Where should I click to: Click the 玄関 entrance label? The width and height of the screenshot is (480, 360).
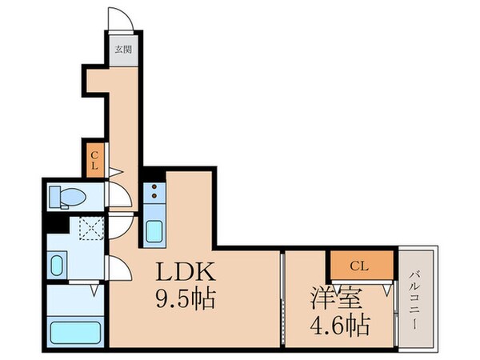[122, 49]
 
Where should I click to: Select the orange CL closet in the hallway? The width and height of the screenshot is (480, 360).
[94, 160]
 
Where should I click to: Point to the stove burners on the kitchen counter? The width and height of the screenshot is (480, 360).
[153, 194]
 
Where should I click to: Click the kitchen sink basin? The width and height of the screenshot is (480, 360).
[154, 231]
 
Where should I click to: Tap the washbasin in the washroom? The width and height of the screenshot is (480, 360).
[58, 264]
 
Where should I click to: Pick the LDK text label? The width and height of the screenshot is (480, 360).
[186, 270]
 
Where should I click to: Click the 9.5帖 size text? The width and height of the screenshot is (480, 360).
[186, 299]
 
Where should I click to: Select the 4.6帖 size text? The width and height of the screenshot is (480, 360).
[339, 327]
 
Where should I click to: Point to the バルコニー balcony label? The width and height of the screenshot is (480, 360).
[417, 297]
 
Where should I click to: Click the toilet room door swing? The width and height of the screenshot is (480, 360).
[116, 194]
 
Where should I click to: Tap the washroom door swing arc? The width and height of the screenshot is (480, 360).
[117, 269]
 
